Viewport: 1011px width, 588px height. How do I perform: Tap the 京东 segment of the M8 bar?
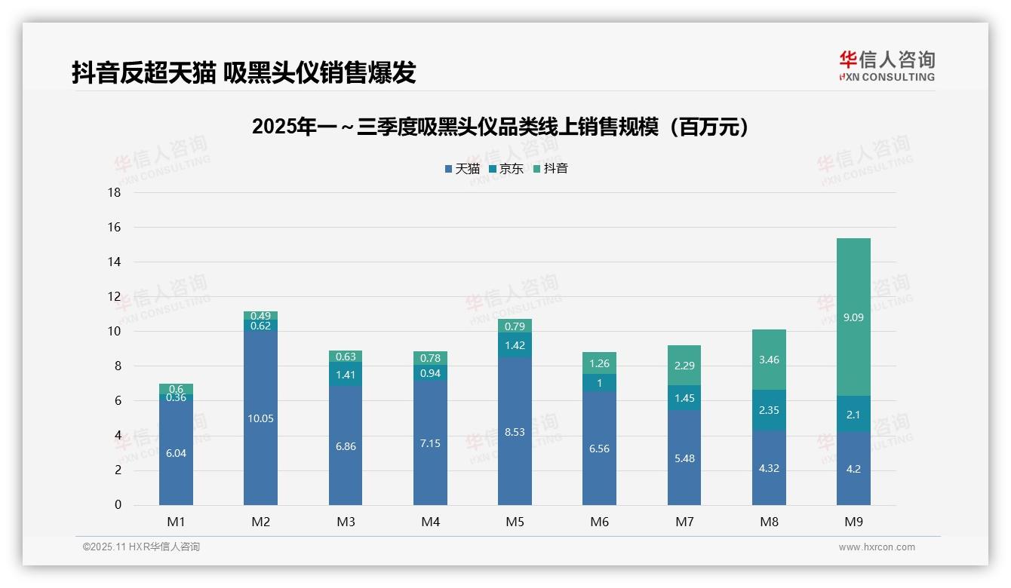click(x=769, y=410)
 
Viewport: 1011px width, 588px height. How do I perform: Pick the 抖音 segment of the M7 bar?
click(x=684, y=365)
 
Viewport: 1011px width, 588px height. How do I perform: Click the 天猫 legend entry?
click(x=462, y=169)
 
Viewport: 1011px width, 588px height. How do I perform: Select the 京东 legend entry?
click(x=506, y=169)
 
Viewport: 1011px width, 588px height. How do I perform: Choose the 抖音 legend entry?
click(x=551, y=169)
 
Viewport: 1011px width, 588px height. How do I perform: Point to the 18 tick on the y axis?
click(x=114, y=192)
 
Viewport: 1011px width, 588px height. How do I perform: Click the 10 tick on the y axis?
click(x=114, y=332)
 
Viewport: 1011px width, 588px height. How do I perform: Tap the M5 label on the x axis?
click(x=515, y=522)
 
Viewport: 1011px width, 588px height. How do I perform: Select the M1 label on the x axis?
click(x=176, y=522)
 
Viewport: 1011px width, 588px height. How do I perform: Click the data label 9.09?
click(x=853, y=317)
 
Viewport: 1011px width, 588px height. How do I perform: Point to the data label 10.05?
click(x=260, y=418)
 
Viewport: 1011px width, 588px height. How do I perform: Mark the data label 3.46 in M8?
click(x=769, y=360)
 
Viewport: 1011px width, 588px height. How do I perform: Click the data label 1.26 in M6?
click(x=599, y=364)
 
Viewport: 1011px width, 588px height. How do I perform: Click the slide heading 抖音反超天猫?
click(x=244, y=72)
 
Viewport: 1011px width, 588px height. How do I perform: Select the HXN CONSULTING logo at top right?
click(x=887, y=66)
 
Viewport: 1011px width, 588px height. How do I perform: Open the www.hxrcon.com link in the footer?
click(x=876, y=547)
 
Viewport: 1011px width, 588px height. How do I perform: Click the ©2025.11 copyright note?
click(x=141, y=547)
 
